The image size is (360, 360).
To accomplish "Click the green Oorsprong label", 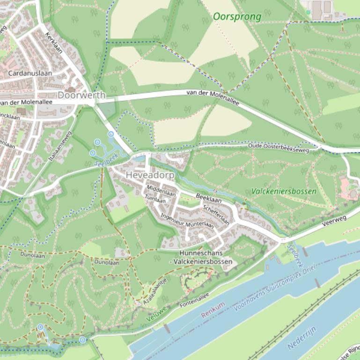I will [237, 17].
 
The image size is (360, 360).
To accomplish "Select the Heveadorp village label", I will [150, 175].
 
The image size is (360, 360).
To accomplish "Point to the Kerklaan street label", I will [53, 45].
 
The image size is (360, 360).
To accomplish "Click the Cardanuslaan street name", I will [30, 73].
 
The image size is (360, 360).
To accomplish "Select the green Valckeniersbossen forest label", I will [284, 191].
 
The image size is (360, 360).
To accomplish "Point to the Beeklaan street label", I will [208, 199].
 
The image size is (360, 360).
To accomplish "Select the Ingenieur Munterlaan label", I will [187, 221].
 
